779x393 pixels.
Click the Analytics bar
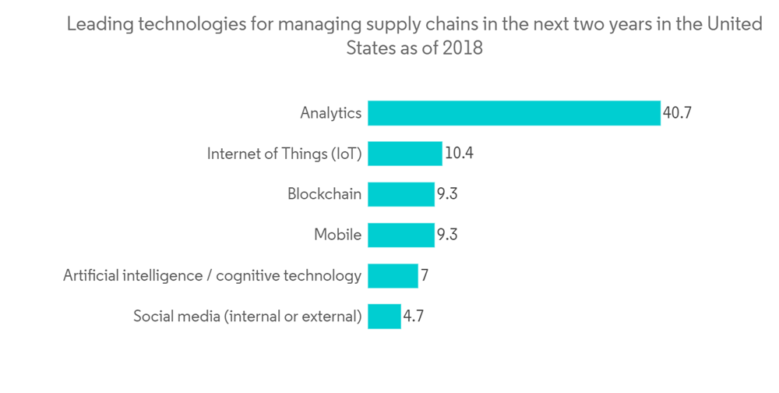(x=514, y=113)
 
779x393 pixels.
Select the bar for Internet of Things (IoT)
(x=405, y=154)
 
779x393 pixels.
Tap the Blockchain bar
(x=401, y=194)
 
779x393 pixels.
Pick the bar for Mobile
(x=401, y=235)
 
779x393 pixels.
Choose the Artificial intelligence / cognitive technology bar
(x=393, y=275)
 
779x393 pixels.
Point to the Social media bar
(x=384, y=316)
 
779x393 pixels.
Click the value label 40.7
(x=677, y=113)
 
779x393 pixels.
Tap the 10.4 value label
(x=459, y=154)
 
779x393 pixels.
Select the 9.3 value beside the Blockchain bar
(x=446, y=194)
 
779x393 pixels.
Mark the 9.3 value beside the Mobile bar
(x=446, y=235)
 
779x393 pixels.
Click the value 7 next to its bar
(x=425, y=275)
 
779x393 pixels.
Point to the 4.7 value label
(x=414, y=316)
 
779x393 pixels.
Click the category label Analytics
(x=331, y=113)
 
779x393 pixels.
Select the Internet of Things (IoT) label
(x=284, y=154)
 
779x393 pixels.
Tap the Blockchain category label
(x=324, y=194)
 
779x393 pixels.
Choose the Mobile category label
(x=337, y=235)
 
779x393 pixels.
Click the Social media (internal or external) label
(x=248, y=316)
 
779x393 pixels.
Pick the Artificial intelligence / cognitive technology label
(x=213, y=275)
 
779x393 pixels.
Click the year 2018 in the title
(x=463, y=48)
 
